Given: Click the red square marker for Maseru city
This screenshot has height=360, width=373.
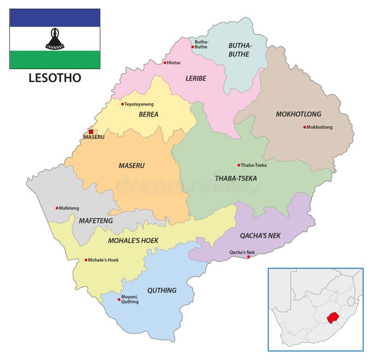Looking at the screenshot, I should [x=91, y=132].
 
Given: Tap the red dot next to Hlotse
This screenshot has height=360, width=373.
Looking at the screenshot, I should [x=165, y=62].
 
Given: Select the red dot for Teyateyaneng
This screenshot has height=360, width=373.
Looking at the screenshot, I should [x=123, y=104].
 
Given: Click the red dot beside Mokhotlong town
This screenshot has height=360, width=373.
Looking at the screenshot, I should [x=304, y=127].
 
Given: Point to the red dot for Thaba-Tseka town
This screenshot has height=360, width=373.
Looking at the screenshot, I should [x=239, y=165].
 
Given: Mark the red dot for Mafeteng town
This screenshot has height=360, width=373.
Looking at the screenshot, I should [x=57, y=208].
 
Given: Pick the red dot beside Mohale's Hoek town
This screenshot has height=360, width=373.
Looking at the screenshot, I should [x=86, y=260].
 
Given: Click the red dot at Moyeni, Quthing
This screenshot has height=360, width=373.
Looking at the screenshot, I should [x=119, y=299].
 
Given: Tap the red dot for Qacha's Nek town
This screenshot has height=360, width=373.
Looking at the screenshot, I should [x=249, y=256].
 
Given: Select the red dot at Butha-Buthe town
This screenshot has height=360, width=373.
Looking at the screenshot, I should [x=193, y=47].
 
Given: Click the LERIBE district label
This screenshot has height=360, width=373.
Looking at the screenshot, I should [x=195, y=78].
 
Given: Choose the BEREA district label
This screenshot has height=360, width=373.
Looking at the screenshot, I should [x=148, y=114].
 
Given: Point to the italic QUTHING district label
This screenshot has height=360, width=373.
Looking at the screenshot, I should [x=162, y=290].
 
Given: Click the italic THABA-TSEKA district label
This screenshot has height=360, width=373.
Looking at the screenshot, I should [x=235, y=178].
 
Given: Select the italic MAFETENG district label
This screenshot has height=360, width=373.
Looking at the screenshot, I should [x=96, y=220].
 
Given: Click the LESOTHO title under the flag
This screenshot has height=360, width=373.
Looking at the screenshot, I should [x=55, y=78].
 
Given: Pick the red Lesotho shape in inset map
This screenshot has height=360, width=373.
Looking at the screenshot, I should [x=332, y=318].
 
